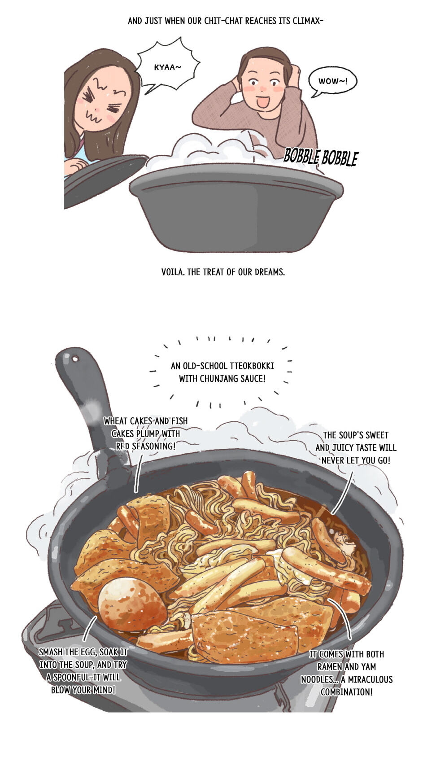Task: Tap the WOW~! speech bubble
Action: click(333, 81)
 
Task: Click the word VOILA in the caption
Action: click(172, 272)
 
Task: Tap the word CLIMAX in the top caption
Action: click(307, 21)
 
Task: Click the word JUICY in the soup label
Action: click(344, 448)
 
